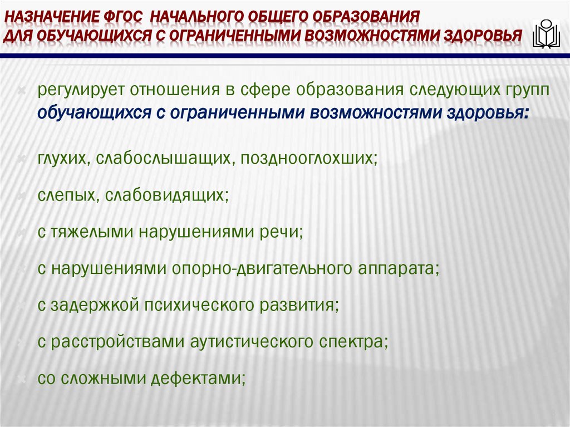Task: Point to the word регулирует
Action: [80, 91]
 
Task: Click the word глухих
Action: [62, 158]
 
